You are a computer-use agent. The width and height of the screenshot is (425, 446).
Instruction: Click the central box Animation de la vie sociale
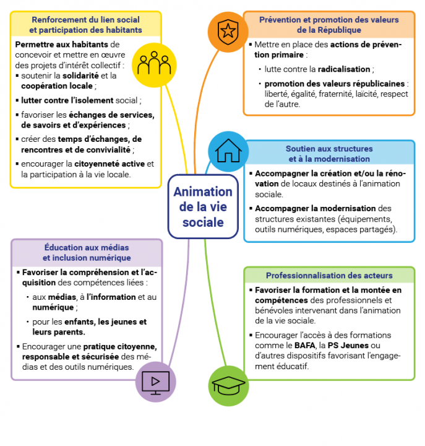[x=203, y=207]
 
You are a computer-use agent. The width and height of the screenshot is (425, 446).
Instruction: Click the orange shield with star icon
[x=228, y=30]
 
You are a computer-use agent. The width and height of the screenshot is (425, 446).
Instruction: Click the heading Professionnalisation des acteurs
[x=329, y=276]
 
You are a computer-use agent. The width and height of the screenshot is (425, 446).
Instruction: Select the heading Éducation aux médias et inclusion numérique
[x=87, y=252]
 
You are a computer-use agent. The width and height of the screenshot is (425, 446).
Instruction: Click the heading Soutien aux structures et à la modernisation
[x=329, y=154]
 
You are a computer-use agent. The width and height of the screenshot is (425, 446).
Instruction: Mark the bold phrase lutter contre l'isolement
[x=67, y=100]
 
